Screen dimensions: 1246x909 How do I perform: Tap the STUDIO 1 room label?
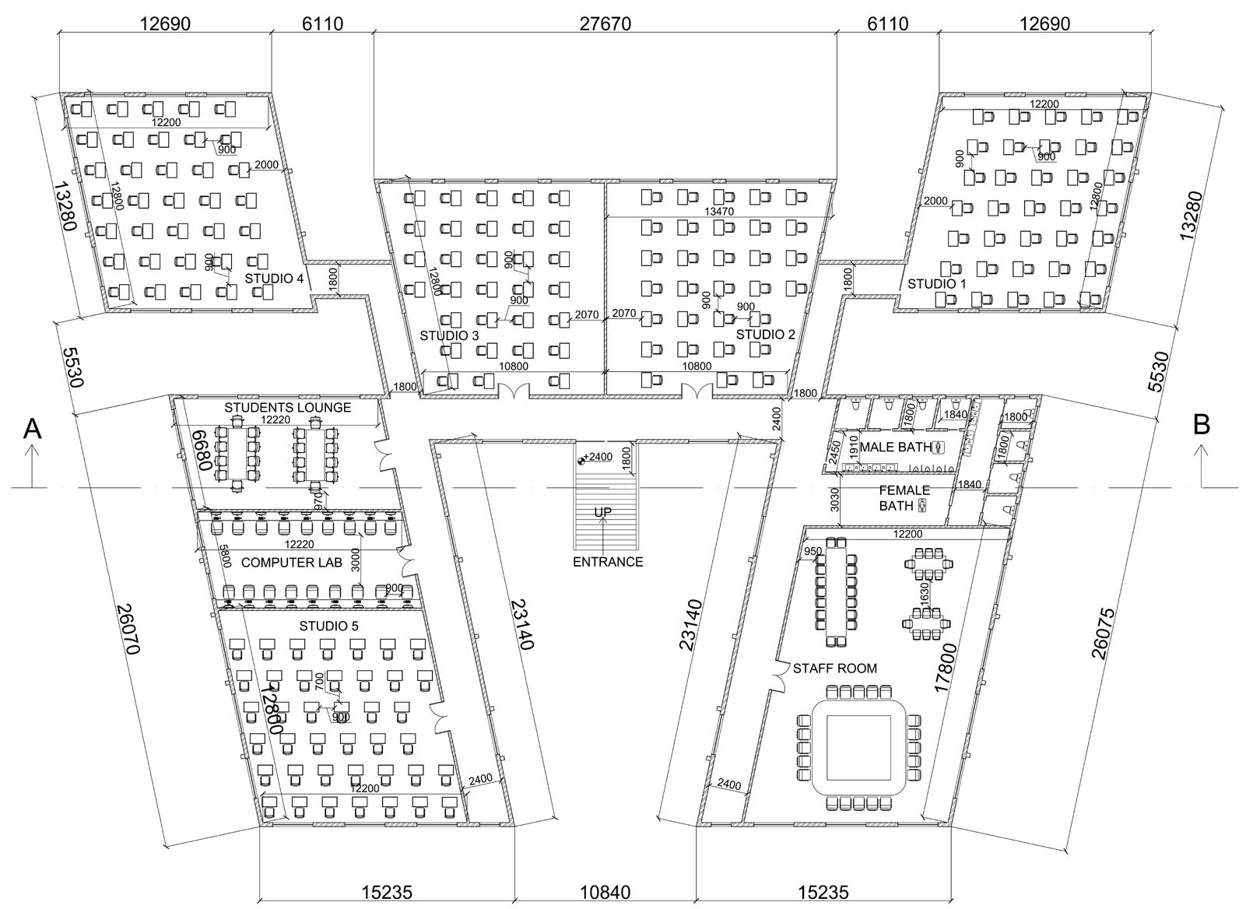point(936,284)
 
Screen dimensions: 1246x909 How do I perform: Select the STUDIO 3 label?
point(449,335)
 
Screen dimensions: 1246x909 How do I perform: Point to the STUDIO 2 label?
point(766,335)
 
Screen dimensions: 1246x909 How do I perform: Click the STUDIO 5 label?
point(329,626)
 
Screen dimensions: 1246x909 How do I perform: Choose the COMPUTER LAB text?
point(290,562)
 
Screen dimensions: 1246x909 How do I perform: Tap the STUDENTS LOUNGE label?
point(288,407)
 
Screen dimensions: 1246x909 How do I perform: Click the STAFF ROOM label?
point(834,668)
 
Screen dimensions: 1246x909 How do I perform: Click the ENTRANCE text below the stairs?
point(608,562)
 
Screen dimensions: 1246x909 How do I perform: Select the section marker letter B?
point(1202,425)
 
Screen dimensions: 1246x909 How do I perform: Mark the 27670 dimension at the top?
point(605,24)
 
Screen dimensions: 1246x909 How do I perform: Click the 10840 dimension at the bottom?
point(605,892)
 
